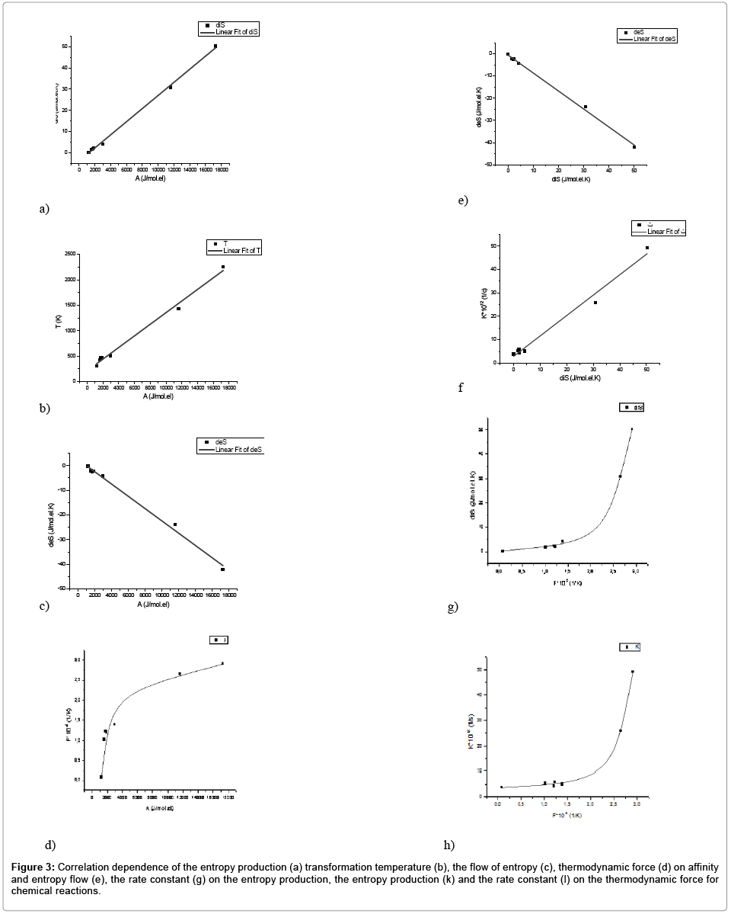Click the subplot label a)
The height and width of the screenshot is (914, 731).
(44, 207)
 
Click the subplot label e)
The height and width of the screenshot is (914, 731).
(462, 201)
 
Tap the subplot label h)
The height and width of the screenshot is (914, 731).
(449, 844)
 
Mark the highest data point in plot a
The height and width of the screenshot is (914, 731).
(215, 46)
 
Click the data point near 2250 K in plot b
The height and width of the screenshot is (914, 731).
(223, 267)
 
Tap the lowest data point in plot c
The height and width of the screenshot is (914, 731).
(222, 569)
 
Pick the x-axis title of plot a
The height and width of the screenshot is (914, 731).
(150, 178)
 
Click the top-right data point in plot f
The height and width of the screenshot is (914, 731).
(647, 248)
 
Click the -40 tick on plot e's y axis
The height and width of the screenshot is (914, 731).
(492, 143)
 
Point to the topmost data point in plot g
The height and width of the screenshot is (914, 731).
(631, 429)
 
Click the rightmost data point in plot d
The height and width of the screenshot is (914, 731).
(222, 663)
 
